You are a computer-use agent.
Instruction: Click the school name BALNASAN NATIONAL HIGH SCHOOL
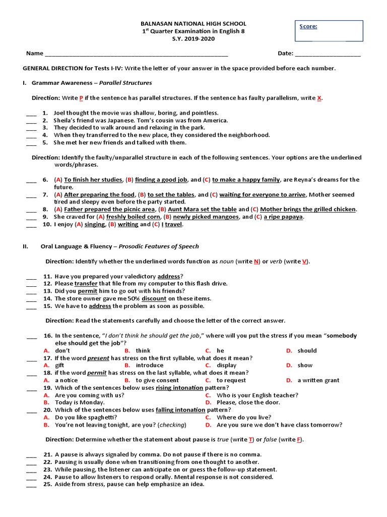click(x=193, y=24)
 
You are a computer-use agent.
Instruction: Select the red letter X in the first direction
click(x=319, y=98)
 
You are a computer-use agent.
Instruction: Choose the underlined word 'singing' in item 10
click(x=95, y=225)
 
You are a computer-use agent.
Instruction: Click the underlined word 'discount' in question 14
click(x=154, y=298)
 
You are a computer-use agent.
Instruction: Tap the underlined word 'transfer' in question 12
click(x=86, y=284)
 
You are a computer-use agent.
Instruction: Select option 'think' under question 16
click(x=143, y=350)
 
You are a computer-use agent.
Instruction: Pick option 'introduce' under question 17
click(x=150, y=365)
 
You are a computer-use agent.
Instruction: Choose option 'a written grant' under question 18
click(x=318, y=380)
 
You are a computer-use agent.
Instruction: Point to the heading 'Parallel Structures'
click(x=125, y=83)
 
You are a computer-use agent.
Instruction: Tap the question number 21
click(x=48, y=454)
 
